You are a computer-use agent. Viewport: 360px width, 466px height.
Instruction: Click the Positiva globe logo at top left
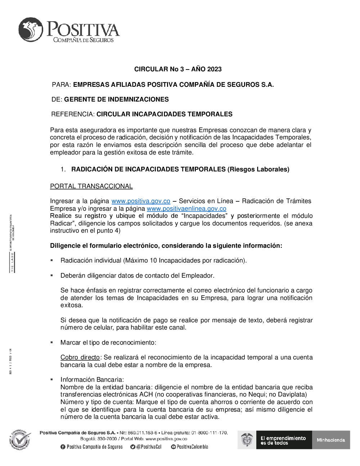tap(31, 29)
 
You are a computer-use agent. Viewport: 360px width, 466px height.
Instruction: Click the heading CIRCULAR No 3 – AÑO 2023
tap(178, 69)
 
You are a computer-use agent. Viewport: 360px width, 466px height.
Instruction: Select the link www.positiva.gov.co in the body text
tap(141, 201)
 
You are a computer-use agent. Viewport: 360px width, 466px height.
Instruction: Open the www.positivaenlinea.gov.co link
tap(186, 209)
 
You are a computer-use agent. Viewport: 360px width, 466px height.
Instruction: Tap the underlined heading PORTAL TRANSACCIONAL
tap(91, 186)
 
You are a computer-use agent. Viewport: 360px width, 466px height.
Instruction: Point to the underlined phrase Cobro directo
tap(80, 357)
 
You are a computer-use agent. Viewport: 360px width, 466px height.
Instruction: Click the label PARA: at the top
tap(62, 85)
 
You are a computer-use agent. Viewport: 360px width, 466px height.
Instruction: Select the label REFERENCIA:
tap(73, 114)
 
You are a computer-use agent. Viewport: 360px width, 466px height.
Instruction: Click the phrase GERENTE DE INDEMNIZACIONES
tap(116, 99)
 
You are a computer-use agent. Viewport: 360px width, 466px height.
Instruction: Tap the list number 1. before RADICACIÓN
tap(63, 169)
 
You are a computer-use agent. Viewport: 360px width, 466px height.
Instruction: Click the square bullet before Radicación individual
tap(52, 260)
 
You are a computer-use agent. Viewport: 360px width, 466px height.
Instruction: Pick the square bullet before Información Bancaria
tap(52, 379)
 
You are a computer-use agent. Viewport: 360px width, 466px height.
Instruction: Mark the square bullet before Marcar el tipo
tap(52, 342)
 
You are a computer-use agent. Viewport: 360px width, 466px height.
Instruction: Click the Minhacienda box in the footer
tap(331, 440)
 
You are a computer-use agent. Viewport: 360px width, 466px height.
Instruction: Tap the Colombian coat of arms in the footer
tap(247, 440)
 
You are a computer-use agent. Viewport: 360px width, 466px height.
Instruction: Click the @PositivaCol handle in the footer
tap(148, 447)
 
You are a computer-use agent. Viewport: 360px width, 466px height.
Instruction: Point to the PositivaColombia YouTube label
tap(192, 447)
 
